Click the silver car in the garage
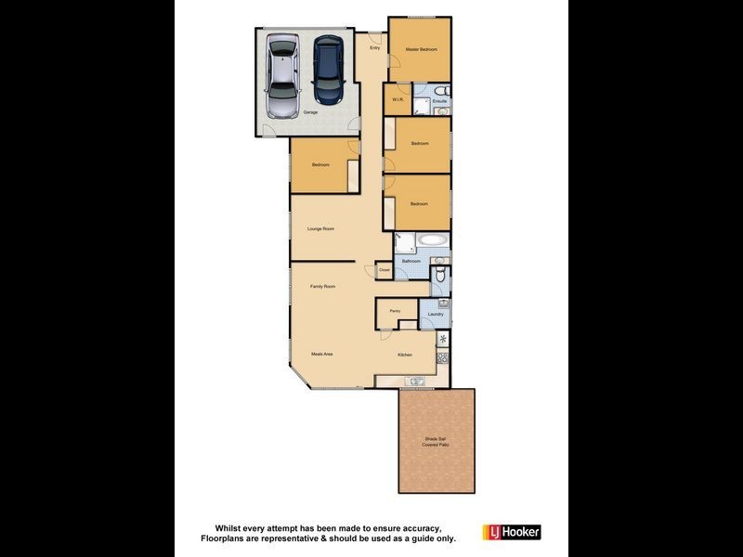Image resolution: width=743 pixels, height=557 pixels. pyautogui.click(x=281, y=77)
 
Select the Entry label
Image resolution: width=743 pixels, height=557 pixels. pyautogui.click(x=375, y=48)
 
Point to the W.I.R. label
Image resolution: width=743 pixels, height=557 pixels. pyautogui.click(x=397, y=98)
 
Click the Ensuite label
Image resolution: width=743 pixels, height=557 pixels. pyautogui.click(x=439, y=100)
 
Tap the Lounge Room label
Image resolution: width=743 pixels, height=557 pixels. pyautogui.click(x=320, y=228)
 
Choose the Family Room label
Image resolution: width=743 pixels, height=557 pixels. pyautogui.click(x=322, y=287)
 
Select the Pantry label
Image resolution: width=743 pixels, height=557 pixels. pyautogui.click(x=395, y=311)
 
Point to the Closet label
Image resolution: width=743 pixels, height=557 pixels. pyautogui.click(x=384, y=270)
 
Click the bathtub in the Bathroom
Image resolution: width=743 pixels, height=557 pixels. pyautogui.click(x=433, y=240)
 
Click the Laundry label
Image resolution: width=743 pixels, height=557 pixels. pyautogui.click(x=436, y=316)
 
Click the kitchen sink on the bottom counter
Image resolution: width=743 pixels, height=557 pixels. pyautogui.click(x=414, y=381)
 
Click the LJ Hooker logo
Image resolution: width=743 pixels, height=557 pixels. pyautogui.click(x=511, y=532)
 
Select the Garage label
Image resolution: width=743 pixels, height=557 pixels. pyautogui.click(x=310, y=112)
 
